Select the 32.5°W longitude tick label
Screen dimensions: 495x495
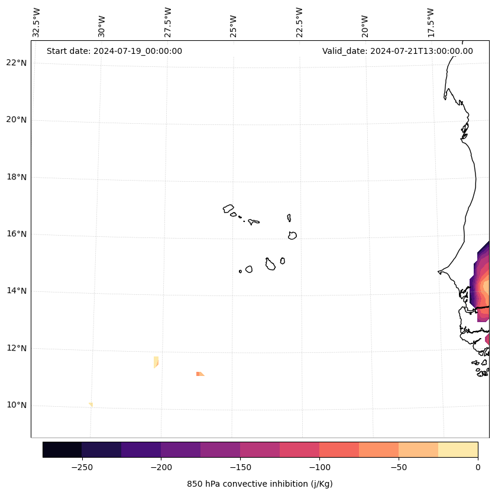coord(37,23)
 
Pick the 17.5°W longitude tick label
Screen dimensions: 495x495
coord(431,23)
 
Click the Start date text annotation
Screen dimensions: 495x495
coord(114,51)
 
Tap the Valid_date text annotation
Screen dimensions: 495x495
coord(397,51)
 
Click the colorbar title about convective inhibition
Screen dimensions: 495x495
coord(260,484)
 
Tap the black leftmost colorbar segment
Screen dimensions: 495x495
coord(62,449)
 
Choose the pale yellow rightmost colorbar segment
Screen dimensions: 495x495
coord(458,449)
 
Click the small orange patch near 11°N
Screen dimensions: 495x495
coord(200,374)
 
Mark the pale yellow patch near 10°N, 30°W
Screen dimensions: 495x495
coord(90,404)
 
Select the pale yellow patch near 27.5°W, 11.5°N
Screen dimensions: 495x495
coord(156,361)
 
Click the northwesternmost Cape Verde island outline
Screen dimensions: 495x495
coord(228,208)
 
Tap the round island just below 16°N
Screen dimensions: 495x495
coord(292,235)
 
